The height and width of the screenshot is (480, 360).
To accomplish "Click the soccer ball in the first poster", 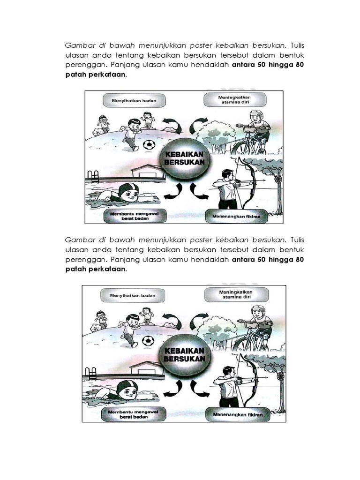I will pos(149,145).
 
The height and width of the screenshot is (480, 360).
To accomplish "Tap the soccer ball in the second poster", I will pos(148,340).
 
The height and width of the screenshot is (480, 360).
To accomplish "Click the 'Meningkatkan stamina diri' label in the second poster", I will pos(235,296).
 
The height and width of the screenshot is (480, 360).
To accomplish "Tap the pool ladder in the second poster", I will pos(92,374).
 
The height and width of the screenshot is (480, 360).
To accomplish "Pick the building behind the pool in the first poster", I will pos(148,172).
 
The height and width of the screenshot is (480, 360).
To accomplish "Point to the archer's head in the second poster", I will pos(228,371).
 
